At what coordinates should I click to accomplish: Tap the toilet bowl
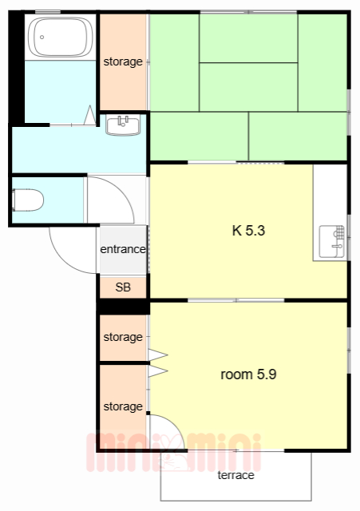[x=29, y=200]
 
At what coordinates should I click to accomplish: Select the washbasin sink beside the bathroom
[x=123, y=125]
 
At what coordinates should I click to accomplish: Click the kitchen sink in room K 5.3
[x=333, y=242]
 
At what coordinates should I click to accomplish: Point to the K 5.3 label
[x=247, y=232]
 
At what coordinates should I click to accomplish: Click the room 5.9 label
[x=248, y=374]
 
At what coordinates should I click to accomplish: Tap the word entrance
[x=122, y=249]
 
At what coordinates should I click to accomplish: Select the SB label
[x=122, y=287]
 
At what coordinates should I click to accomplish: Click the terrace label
[x=235, y=475]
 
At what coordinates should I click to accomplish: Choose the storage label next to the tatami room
[x=123, y=61]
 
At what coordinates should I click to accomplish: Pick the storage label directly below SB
[x=123, y=337]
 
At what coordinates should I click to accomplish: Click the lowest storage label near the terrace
[x=123, y=406]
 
